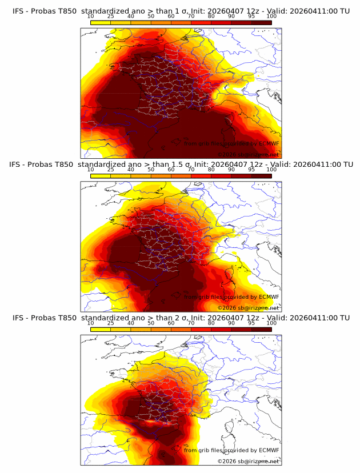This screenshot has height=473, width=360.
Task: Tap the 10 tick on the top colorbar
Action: click(90, 17)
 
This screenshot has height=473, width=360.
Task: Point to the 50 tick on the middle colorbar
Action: click(151, 170)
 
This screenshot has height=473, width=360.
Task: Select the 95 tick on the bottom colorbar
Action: click(251, 323)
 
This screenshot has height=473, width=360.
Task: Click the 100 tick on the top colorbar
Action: click(271, 17)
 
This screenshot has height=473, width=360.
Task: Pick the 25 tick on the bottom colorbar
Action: click(110, 323)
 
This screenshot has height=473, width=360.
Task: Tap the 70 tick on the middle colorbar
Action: click(191, 170)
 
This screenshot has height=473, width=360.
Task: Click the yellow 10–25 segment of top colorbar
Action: click(100, 22)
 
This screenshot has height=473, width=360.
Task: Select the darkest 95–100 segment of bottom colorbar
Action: click(261, 329)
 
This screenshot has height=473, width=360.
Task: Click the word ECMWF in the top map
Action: click(269, 143)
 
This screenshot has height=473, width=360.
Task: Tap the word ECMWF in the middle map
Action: click(269, 296)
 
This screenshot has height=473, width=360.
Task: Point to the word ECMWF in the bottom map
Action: click(269, 450)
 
